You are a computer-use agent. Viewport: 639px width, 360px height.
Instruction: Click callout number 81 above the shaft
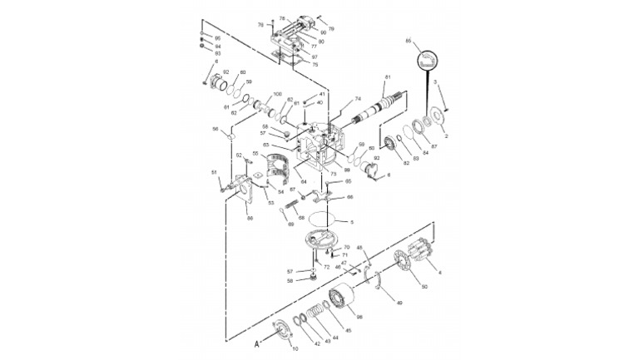point(386,77)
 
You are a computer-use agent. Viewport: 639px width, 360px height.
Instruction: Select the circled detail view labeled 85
point(425,61)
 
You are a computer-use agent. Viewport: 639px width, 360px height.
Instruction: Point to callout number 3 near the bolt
point(434,82)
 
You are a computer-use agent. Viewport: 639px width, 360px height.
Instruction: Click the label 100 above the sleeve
point(277,94)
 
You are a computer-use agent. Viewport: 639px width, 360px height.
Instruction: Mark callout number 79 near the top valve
point(331,29)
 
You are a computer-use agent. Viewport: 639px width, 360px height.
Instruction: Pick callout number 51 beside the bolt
point(214,172)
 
